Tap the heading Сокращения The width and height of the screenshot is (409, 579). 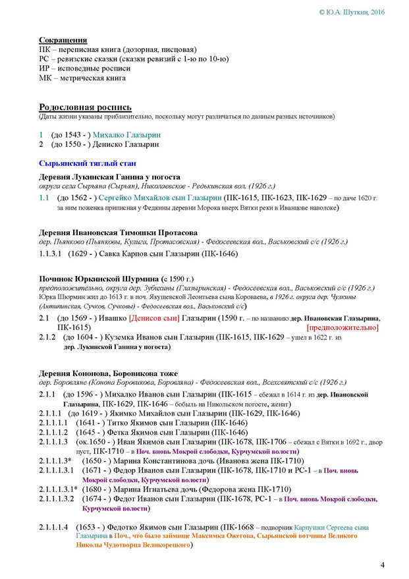63,40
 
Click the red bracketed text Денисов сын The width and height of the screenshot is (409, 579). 155,317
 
